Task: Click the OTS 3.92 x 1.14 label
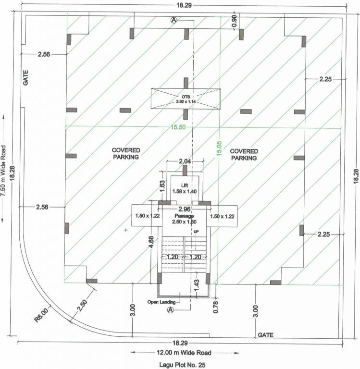186,98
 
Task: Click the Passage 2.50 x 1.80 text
185,219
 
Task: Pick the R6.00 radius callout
42,316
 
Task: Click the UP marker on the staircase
196,232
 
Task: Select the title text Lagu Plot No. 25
182,365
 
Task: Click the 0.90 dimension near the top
235,21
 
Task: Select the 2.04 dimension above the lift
185,161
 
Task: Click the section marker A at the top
174,20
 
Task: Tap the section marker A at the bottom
169,310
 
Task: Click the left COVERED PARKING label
125,154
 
